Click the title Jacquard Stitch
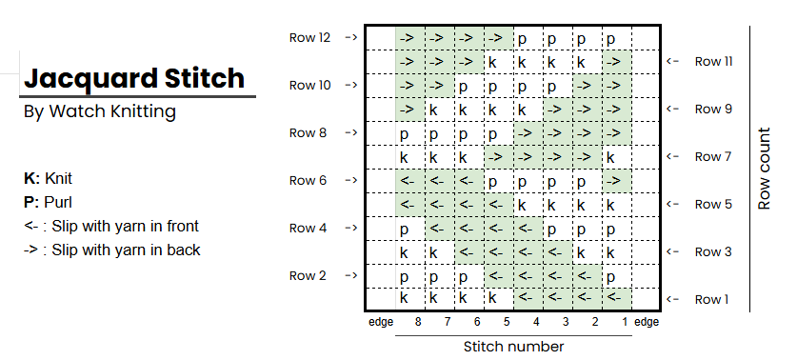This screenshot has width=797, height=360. tap(133, 77)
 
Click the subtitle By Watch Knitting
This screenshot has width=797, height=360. tap(99, 112)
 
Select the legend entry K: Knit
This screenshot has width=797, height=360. tap(48, 178)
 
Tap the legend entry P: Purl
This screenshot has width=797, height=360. tap(48, 202)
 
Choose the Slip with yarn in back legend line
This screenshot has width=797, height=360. tap(111, 250)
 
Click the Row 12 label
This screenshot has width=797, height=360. tap(309, 38)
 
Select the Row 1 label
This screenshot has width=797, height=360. tap(715, 299)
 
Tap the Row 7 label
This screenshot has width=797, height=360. tap(715, 156)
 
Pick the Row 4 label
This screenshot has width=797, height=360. tap(309, 229)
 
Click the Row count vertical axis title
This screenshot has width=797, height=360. tap(765, 169)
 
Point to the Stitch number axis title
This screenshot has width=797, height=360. tap(513, 346)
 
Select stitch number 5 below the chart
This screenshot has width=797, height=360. tap(506, 322)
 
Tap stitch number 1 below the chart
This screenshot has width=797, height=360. tap(625, 322)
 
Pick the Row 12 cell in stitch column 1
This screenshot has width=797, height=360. tap(614, 38)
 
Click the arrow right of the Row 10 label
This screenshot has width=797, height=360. tap(350, 86)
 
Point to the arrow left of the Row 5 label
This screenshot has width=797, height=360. tap(673, 204)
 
